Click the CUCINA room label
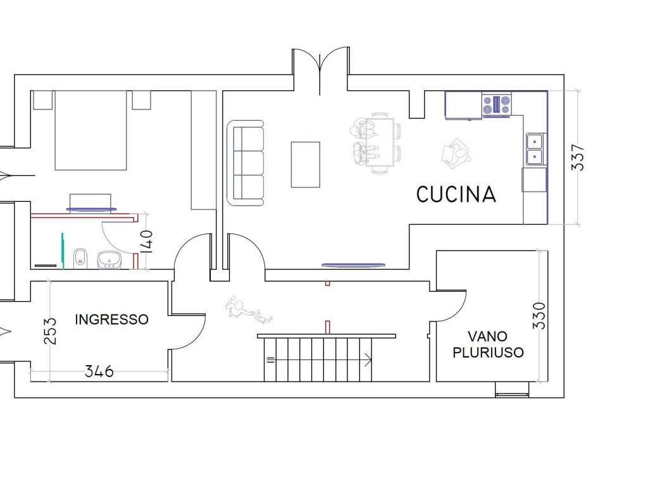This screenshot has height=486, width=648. tap(456, 194)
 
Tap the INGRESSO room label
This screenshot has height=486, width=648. tap(111, 320)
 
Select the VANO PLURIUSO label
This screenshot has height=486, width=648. tap(488, 344)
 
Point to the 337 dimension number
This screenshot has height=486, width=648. tap(578, 158)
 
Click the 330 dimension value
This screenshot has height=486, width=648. tap(539, 316)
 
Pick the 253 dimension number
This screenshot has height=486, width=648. tap(50, 330)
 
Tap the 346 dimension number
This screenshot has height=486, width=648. tap(99, 371)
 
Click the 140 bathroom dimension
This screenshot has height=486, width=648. tap(146, 241)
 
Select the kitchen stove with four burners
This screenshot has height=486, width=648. tap(497, 104)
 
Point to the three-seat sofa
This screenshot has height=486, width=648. tap(246, 163)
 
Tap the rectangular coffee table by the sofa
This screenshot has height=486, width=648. tap(306, 165)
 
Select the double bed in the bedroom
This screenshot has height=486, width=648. tap(91, 130)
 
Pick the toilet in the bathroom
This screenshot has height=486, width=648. tap(80, 259)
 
